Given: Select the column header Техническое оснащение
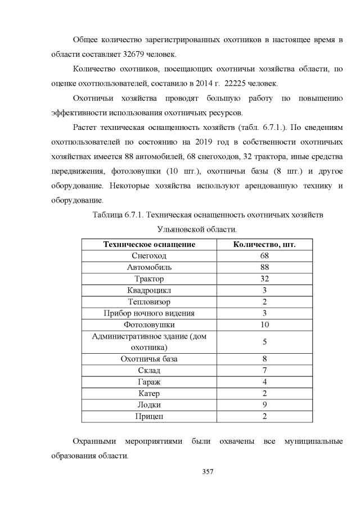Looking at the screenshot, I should pos(149,244).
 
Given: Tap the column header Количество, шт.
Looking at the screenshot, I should pos(264,244).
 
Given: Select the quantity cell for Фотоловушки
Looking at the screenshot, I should pos(264,325).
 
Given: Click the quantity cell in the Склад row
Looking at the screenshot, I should pos(264,370).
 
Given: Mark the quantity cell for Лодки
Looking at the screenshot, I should pos(264,404).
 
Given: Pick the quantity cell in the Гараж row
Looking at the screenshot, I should pos(264,382).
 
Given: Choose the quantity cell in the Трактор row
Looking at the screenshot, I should pos(264,278).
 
